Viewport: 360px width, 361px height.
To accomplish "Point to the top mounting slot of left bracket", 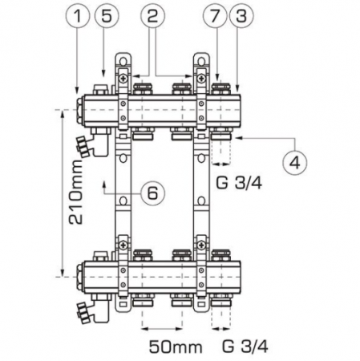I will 122,63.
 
